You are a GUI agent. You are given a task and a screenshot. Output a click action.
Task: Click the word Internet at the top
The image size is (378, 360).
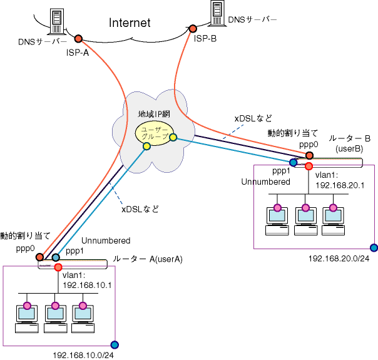click(130, 23)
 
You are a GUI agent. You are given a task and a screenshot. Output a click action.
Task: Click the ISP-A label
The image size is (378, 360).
click(77, 53)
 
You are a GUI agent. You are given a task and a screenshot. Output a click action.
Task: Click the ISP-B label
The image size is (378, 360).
click(205, 39)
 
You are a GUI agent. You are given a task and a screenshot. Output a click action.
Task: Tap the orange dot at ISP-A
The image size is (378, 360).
click(79, 38)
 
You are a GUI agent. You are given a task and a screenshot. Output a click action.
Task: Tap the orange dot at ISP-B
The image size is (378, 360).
click(193, 28)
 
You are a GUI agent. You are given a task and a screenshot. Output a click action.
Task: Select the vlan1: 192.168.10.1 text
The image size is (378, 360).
click(87, 280)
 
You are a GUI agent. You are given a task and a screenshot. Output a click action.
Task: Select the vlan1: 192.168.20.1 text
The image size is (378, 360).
click(340, 181)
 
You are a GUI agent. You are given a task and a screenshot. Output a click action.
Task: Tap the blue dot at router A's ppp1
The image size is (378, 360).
click(56, 257)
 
